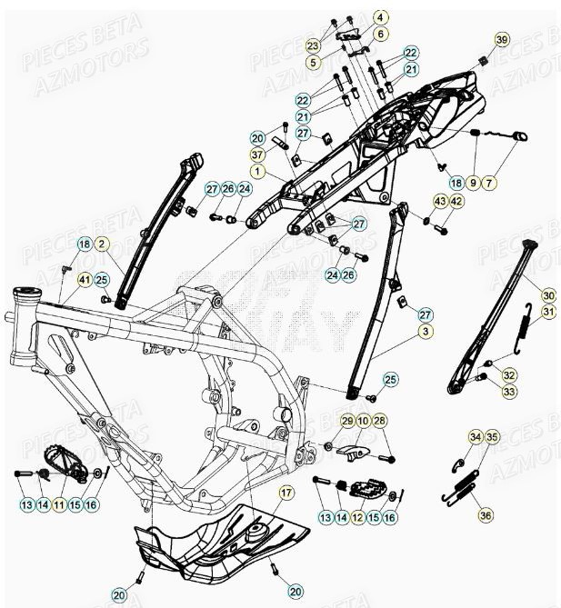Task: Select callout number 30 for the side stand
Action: tap(548, 296)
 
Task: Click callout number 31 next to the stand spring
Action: tap(548, 314)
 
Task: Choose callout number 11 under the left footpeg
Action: tap(60, 503)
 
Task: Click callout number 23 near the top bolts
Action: tap(313, 45)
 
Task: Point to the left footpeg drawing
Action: tap(68, 459)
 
